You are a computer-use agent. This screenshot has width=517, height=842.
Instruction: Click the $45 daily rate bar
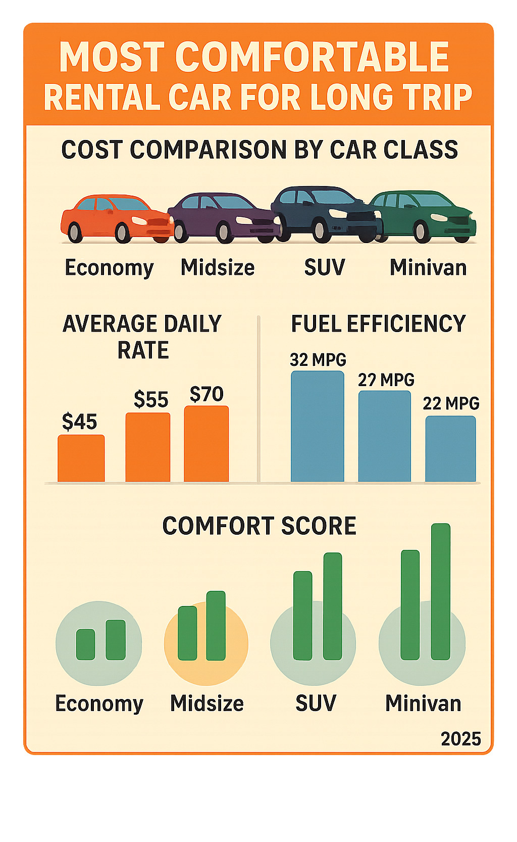81,458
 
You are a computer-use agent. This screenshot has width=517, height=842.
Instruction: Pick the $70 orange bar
206,444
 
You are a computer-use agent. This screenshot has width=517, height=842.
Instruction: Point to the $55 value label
150,400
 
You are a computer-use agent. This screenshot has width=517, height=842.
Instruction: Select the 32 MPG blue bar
317,426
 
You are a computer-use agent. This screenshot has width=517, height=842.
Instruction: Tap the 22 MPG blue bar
450,448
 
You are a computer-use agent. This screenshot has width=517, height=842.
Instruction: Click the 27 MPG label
386,380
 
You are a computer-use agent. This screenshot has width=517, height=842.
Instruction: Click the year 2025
460,739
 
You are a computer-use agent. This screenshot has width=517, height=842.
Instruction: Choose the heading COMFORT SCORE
259,526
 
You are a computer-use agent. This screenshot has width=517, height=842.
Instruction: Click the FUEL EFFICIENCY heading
378,324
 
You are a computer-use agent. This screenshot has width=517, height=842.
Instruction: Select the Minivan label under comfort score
423,704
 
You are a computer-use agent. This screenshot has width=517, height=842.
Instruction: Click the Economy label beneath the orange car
109,268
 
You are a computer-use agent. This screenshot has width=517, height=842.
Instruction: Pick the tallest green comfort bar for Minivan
441,591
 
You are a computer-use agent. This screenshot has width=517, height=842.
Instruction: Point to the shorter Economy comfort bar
85,644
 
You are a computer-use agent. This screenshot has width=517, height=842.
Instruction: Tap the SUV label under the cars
325,267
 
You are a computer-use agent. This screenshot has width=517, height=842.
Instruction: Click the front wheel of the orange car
123,232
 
